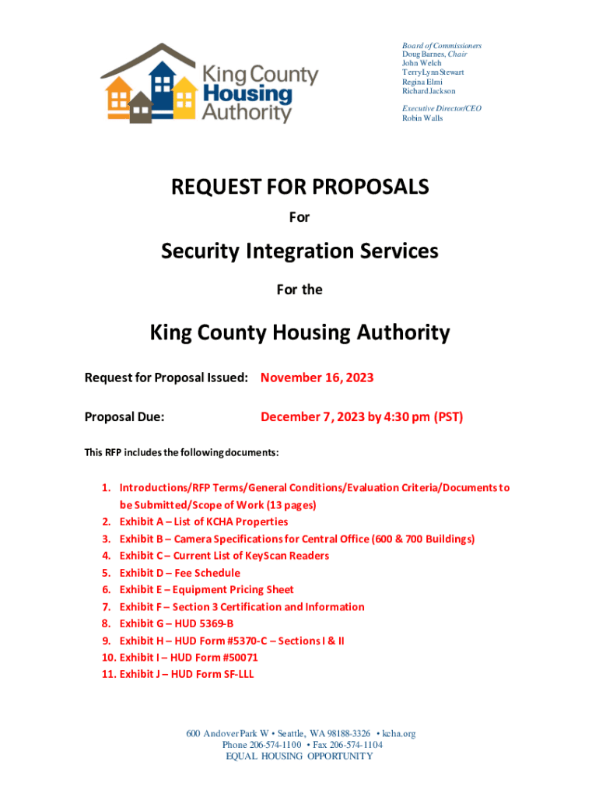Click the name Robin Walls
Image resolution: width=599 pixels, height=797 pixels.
422,118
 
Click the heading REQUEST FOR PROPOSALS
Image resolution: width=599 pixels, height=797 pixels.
299,187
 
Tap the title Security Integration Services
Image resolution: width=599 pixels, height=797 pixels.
299,251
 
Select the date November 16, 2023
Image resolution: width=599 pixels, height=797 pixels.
317,377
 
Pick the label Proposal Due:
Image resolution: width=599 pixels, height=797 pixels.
124,417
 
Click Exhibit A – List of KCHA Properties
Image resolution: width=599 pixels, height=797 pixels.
203,521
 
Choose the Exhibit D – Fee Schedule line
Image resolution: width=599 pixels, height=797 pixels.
179,573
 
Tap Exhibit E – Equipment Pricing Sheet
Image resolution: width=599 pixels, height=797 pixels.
206,590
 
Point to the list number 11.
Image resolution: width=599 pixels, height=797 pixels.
109,674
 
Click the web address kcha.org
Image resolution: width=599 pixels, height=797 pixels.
398,733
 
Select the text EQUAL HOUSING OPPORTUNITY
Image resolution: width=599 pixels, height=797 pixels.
299,756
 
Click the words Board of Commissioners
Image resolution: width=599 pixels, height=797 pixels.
441,45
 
